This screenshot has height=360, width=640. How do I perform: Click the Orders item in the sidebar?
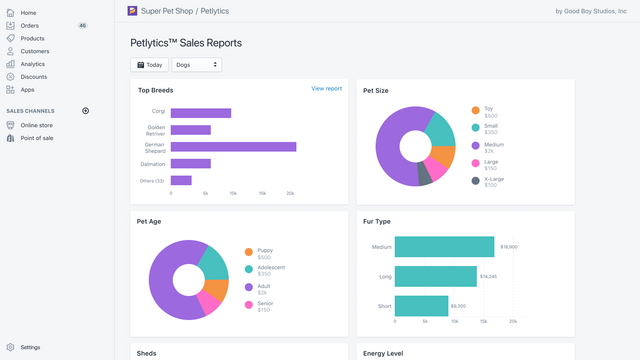[x=30, y=25]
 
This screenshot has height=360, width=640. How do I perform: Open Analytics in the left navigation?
[x=32, y=64]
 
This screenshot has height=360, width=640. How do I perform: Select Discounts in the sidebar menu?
[x=33, y=77]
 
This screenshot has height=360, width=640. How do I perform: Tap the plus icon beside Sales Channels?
[x=85, y=111]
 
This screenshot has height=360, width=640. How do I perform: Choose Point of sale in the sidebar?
[x=37, y=138]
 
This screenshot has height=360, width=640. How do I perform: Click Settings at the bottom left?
[x=30, y=347]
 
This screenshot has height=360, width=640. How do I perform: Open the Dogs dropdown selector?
[x=196, y=65]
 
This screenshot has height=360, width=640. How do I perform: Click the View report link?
[x=326, y=89]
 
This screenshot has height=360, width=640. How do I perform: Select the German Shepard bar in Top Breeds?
[x=233, y=146]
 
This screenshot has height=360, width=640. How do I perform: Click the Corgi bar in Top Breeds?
[x=200, y=112]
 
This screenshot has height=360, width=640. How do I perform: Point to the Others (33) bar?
[x=181, y=180]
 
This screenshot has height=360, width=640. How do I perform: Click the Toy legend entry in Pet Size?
[x=488, y=109]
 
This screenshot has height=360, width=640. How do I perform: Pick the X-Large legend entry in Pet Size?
[x=493, y=180]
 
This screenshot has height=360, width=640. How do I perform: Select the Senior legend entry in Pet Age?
[x=266, y=304]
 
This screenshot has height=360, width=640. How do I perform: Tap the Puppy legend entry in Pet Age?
[x=265, y=251]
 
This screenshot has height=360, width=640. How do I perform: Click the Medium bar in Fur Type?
[x=444, y=247]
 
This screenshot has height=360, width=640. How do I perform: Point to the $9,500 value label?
[x=458, y=306]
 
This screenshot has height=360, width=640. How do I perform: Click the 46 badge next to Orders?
[x=82, y=25]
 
